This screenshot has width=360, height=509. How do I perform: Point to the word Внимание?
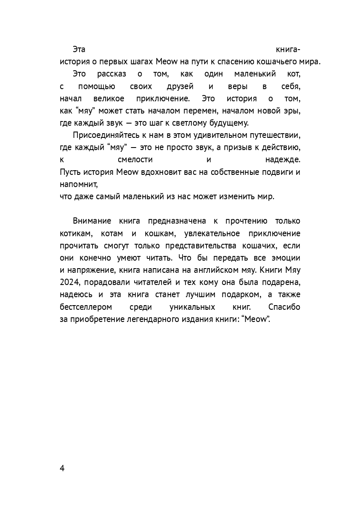pos(92,221)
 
